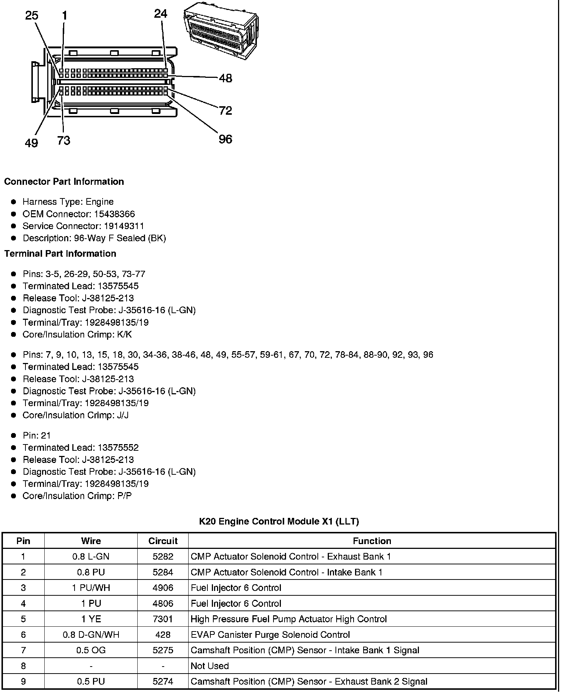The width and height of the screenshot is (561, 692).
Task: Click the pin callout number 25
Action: point(32,15)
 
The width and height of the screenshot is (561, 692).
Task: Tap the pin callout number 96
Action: point(225,139)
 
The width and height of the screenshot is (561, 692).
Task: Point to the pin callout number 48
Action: point(226,78)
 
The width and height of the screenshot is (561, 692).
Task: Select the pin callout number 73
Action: point(63,141)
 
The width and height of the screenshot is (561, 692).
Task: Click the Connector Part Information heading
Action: point(64,181)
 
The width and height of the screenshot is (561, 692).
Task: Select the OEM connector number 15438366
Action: point(114,214)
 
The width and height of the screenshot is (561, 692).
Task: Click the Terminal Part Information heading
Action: point(60,253)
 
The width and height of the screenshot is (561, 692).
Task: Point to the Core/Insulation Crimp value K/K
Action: point(124,335)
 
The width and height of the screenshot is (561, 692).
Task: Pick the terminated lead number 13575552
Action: point(118,447)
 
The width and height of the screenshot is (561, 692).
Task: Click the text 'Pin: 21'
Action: point(37,435)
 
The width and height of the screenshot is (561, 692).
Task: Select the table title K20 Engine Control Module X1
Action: point(279,521)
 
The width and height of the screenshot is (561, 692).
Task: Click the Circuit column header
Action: point(163,541)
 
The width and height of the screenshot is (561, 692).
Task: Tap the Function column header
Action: point(372,541)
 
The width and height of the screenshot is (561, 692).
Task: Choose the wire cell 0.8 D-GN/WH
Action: point(91,634)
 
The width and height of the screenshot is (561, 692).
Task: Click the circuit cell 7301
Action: point(163,619)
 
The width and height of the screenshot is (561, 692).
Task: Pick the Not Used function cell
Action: point(210,666)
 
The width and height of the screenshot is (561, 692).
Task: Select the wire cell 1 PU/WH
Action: point(91,588)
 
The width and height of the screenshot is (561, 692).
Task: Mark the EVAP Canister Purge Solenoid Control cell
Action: point(270,634)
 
